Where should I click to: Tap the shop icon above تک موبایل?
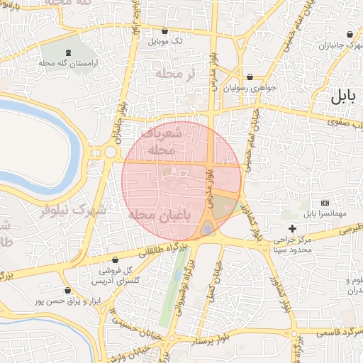pos(165,31)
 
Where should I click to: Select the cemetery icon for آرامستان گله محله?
pos(68,52)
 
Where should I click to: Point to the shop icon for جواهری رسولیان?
pos(250,77)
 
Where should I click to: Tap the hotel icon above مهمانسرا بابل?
pos(325,203)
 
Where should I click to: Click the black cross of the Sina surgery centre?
pos(292,228)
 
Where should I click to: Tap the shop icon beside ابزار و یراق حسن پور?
pos(67,290)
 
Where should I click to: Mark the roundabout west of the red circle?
pos(110,152)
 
